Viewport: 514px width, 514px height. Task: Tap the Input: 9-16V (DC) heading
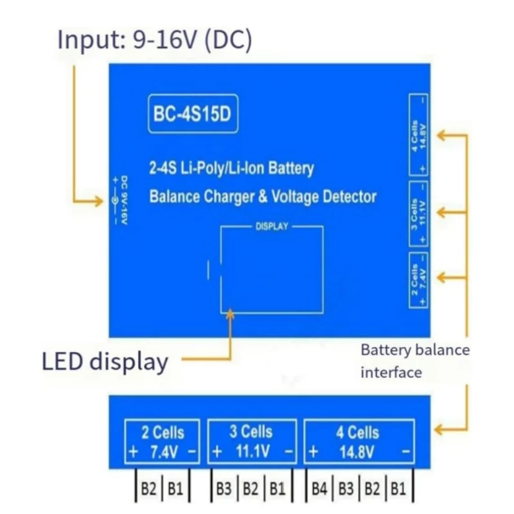point(155,39)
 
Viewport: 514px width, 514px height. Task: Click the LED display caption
point(105,361)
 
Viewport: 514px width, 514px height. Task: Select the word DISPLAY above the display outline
point(272,227)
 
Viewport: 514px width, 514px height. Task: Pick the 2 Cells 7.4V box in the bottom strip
point(163,442)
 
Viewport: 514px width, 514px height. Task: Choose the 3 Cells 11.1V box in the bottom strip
point(253,442)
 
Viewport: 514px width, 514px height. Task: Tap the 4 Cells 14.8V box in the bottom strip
point(359,442)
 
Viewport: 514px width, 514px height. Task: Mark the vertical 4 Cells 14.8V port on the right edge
point(418,134)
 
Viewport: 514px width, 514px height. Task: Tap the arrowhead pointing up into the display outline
point(230,312)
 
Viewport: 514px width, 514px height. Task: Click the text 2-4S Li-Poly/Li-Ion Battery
point(231,169)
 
